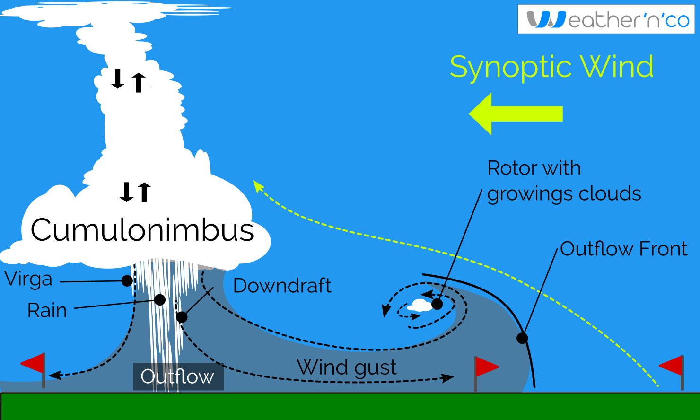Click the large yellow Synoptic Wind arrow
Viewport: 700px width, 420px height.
tap(516, 114)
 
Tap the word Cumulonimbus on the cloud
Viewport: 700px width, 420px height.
tap(142, 230)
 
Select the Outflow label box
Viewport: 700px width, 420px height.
tap(178, 376)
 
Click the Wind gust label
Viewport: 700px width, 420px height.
tap(347, 367)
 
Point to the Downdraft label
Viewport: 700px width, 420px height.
tap(282, 286)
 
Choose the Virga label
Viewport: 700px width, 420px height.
tap(28, 279)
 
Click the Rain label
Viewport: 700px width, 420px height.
tap(47, 310)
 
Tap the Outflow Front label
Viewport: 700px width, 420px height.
tap(623, 249)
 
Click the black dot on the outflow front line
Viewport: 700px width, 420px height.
tap(522, 338)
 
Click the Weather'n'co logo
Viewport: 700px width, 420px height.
tap(606, 20)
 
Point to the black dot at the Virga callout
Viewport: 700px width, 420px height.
tap(127, 281)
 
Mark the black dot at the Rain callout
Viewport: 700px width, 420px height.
tap(160, 300)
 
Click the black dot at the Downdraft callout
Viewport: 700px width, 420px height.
tap(182, 317)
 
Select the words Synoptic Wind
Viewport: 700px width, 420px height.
tap(551, 67)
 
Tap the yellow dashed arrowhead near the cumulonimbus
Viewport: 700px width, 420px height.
tap(258, 186)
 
